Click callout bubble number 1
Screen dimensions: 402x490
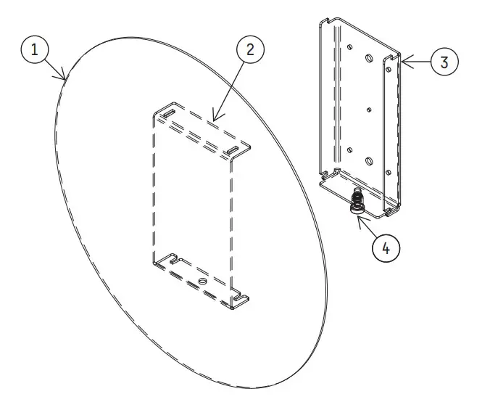[35, 51]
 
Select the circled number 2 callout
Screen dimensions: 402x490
[250, 50]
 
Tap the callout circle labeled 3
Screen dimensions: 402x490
[444, 62]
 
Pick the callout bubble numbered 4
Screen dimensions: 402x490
[385, 247]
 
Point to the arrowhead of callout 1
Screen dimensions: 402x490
[65, 78]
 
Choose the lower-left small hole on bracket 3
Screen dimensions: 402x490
[349, 149]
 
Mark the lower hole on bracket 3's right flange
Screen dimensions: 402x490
[389, 172]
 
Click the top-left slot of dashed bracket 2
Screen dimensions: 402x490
[167, 115]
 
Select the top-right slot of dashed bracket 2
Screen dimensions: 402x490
[233, 150]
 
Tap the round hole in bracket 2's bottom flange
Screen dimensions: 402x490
[202, 282]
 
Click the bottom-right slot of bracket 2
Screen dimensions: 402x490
[237, 295]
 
